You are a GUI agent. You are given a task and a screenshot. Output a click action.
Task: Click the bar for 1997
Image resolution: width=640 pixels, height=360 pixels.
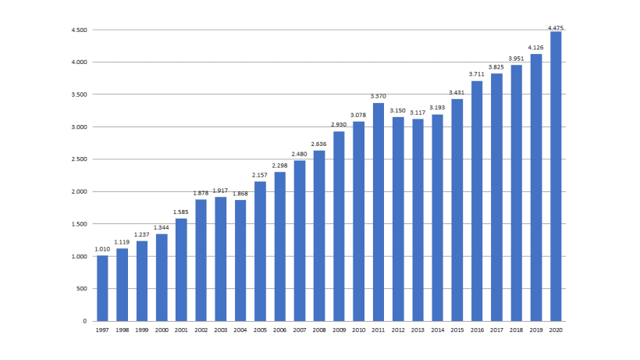(102, 288)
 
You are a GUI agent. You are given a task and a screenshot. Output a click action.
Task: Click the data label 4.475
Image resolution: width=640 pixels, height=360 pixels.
(556, 27)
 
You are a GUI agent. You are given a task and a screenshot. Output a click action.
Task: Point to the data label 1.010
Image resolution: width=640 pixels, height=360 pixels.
(102, 250)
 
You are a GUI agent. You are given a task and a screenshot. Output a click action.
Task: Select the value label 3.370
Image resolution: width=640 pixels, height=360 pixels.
(379, 97)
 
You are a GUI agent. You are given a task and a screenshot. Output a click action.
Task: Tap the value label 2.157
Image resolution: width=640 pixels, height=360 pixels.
(260, 175)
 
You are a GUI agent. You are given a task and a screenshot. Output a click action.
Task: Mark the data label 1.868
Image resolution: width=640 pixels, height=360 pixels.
(240, 194)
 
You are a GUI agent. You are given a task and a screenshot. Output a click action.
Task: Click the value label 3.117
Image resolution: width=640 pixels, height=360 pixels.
(418, 113)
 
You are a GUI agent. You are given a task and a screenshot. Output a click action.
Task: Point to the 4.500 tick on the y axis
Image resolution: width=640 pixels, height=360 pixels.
(79, 30)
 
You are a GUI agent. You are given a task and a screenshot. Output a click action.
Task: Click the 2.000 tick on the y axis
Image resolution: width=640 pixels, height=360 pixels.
(79, 191)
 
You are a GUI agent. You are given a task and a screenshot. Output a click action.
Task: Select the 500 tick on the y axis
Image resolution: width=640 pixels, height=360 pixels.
(82, 289)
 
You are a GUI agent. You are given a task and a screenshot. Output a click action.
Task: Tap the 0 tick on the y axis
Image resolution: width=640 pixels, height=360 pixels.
(85, 321)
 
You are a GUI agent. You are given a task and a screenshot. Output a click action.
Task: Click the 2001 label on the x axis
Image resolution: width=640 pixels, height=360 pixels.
(181, 330)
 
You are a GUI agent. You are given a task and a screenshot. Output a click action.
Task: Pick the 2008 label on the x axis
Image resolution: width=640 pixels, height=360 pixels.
(319, 330)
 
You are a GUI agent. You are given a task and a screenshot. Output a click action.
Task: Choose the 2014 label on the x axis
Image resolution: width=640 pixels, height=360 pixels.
(437, 330)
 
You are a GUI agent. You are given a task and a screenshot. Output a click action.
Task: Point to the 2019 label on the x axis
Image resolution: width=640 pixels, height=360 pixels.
(536, 330)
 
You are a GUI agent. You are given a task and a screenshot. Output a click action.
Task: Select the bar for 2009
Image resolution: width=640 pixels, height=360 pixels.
(339, 226)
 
